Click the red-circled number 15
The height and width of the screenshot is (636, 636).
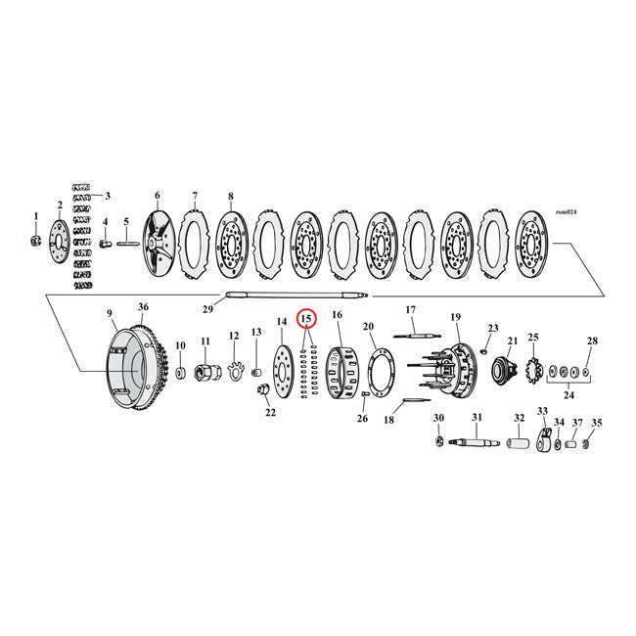pos(306,318)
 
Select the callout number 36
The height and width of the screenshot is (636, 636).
pos(143,307)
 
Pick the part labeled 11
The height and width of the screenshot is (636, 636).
pos(206,373)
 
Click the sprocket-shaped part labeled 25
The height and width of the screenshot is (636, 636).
pos(533,373)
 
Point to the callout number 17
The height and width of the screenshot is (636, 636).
pos(411,310)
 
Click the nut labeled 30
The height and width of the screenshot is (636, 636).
pos(438,444)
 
